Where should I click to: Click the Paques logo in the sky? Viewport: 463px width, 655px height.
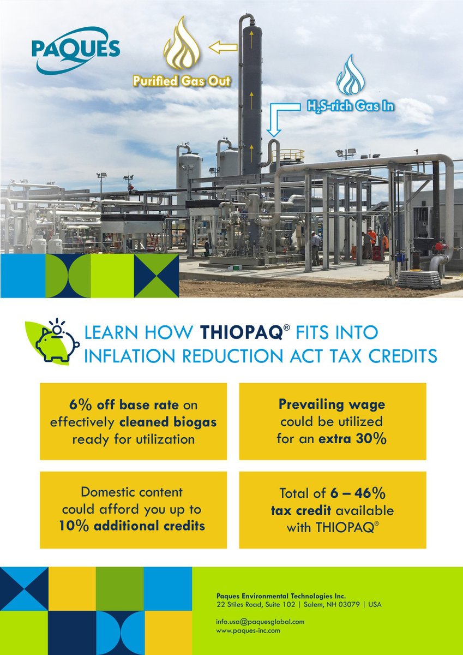[x=75, y=49]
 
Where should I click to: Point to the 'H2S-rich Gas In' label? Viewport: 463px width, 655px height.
[x=349, y=106]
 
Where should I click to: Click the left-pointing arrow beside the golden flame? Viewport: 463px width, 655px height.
[x=223, y=48]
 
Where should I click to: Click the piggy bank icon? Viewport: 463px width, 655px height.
[x=55, y=342]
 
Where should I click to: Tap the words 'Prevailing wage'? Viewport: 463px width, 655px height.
[x=332, y=404]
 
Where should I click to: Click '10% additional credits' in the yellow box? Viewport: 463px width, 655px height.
[x=133, y=526]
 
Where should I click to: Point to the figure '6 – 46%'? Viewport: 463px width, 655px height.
[x=358, y=493]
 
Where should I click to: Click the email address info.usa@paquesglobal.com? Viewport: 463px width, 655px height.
[x=260, y=621]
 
